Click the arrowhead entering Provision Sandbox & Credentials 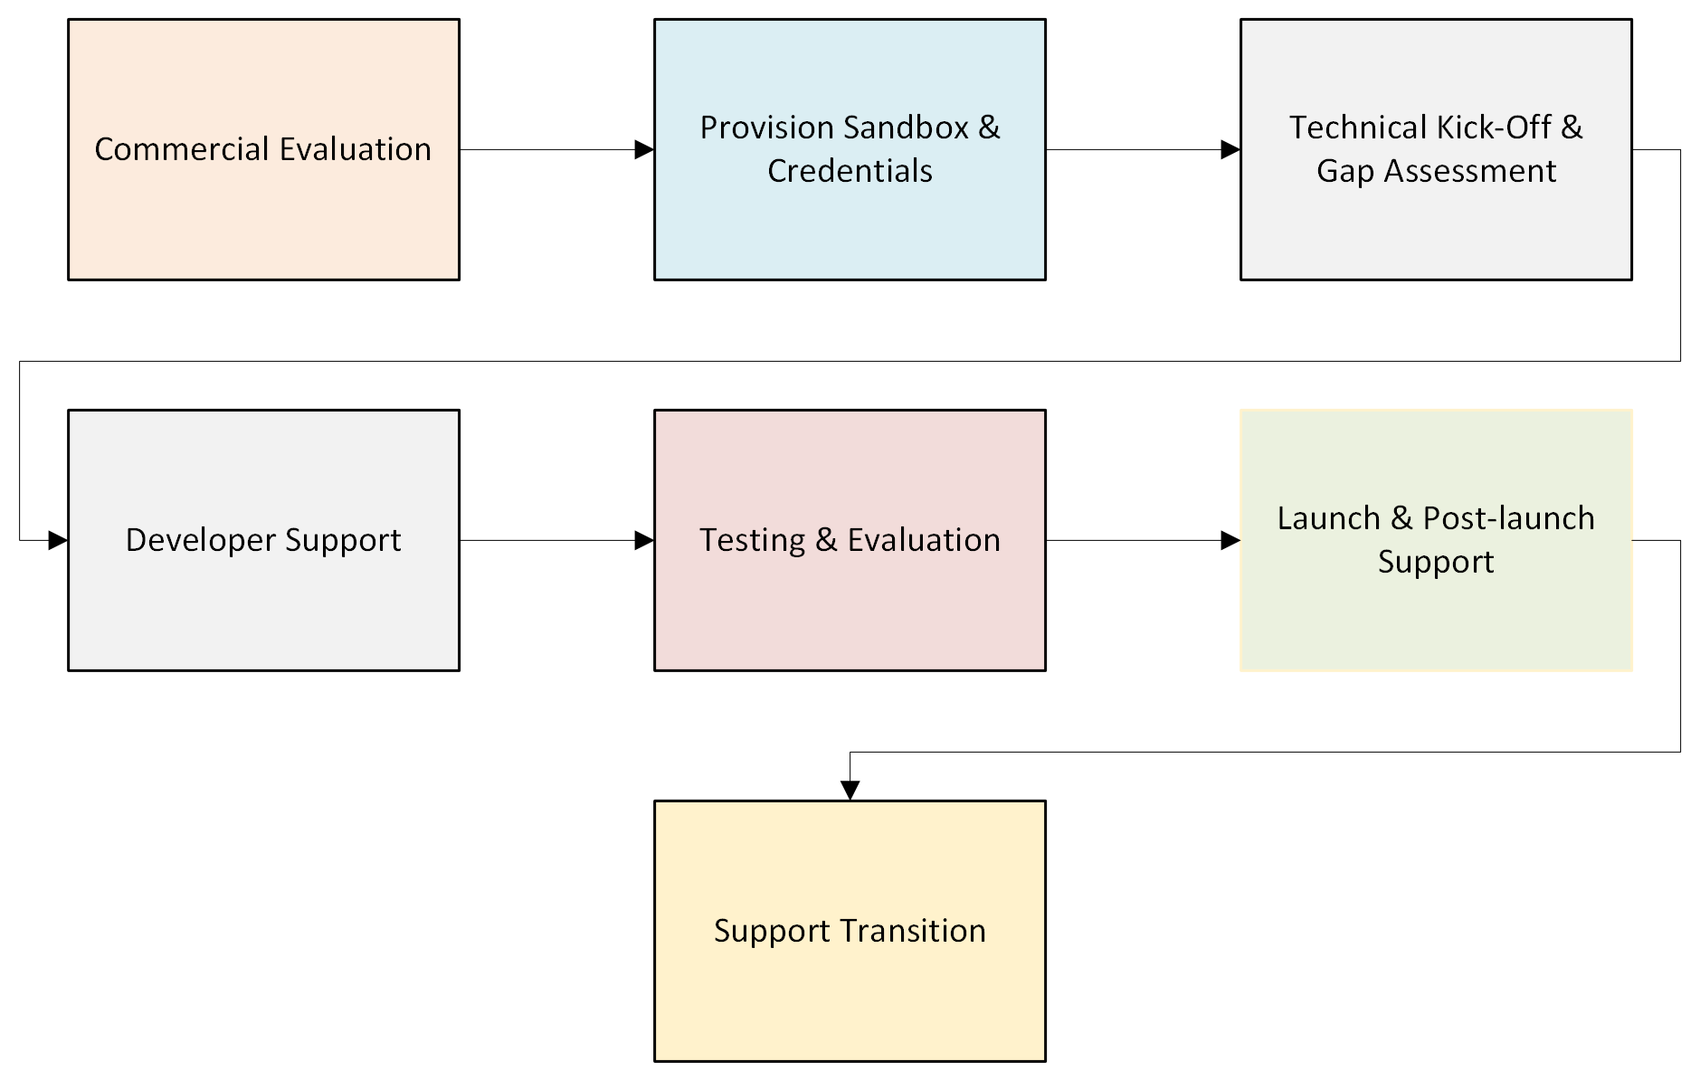point(644,149)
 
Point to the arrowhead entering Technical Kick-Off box point(1230,149)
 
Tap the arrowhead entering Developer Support point(58,540)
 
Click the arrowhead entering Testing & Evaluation point(644,540)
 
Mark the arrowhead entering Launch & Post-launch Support point(1230,540)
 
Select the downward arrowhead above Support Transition point(850,791)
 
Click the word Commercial point(181,149)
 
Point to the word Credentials point(850,171)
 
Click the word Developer point(200,540)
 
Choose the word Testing point(752,540)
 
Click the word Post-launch point(1508,518)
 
